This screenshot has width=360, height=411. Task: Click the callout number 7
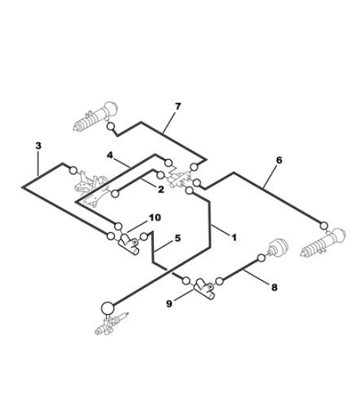(177, 107)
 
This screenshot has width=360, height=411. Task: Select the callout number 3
(38, 146)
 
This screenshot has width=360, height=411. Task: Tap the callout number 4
(110, 155)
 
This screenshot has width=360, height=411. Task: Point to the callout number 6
(279, 160)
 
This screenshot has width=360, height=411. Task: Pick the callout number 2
(160, 189)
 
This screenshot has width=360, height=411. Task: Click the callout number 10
(155, 217)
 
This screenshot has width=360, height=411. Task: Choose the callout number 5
(177, 238)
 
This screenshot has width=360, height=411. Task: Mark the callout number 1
(234, 237)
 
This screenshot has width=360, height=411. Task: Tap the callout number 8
(274, 287)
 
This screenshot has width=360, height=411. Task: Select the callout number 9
(169, 303)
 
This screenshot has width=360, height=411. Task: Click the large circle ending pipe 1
(107, 308)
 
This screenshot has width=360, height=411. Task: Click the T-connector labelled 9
(204, 288)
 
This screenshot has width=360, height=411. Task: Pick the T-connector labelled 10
(128, 244)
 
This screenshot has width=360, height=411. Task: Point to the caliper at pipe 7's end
(96, 116)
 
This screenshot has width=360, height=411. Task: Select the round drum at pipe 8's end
(278, 247)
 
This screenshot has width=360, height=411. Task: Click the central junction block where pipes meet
(179, 180)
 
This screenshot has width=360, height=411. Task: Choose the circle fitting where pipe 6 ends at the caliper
(324, 225)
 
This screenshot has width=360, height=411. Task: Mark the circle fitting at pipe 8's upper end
(261, 259)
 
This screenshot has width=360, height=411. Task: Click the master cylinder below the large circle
(111, 323)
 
